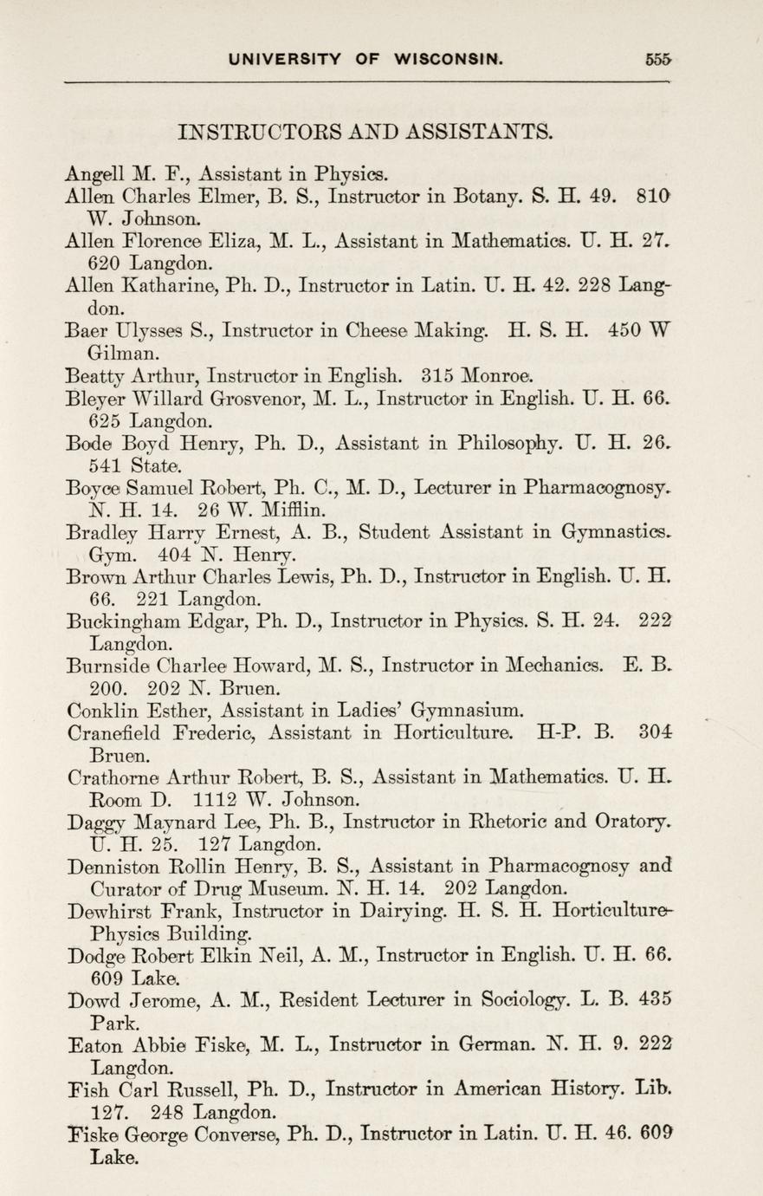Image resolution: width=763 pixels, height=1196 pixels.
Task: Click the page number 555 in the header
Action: tap(659, 60)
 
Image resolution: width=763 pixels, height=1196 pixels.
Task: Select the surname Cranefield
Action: tap(113, 735)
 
